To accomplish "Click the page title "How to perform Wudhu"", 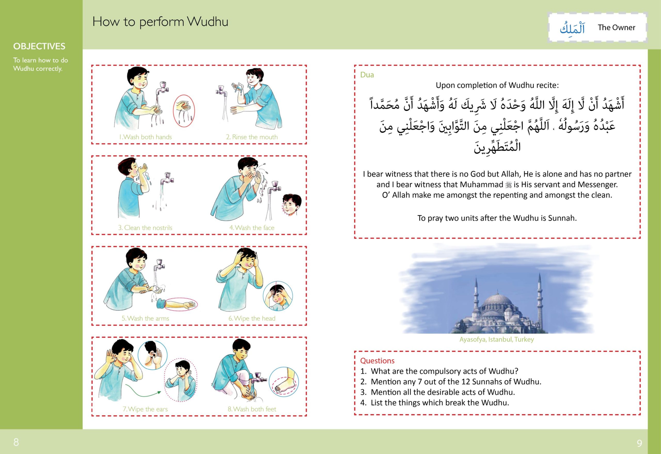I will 160,22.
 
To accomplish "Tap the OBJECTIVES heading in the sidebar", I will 39,46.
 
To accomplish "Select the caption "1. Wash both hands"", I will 145,137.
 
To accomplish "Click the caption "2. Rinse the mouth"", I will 252,137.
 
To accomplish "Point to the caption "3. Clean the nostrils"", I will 145,228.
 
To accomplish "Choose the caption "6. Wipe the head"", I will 252,318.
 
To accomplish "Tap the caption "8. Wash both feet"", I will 252,409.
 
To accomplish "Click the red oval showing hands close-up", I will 184,111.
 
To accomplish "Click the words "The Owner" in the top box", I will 616,28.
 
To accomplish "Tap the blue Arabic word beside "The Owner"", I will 572,28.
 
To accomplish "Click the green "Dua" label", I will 367,75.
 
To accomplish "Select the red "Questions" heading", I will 377,361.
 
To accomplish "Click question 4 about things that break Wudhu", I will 439,402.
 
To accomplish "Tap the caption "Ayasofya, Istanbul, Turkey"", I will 497,339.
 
